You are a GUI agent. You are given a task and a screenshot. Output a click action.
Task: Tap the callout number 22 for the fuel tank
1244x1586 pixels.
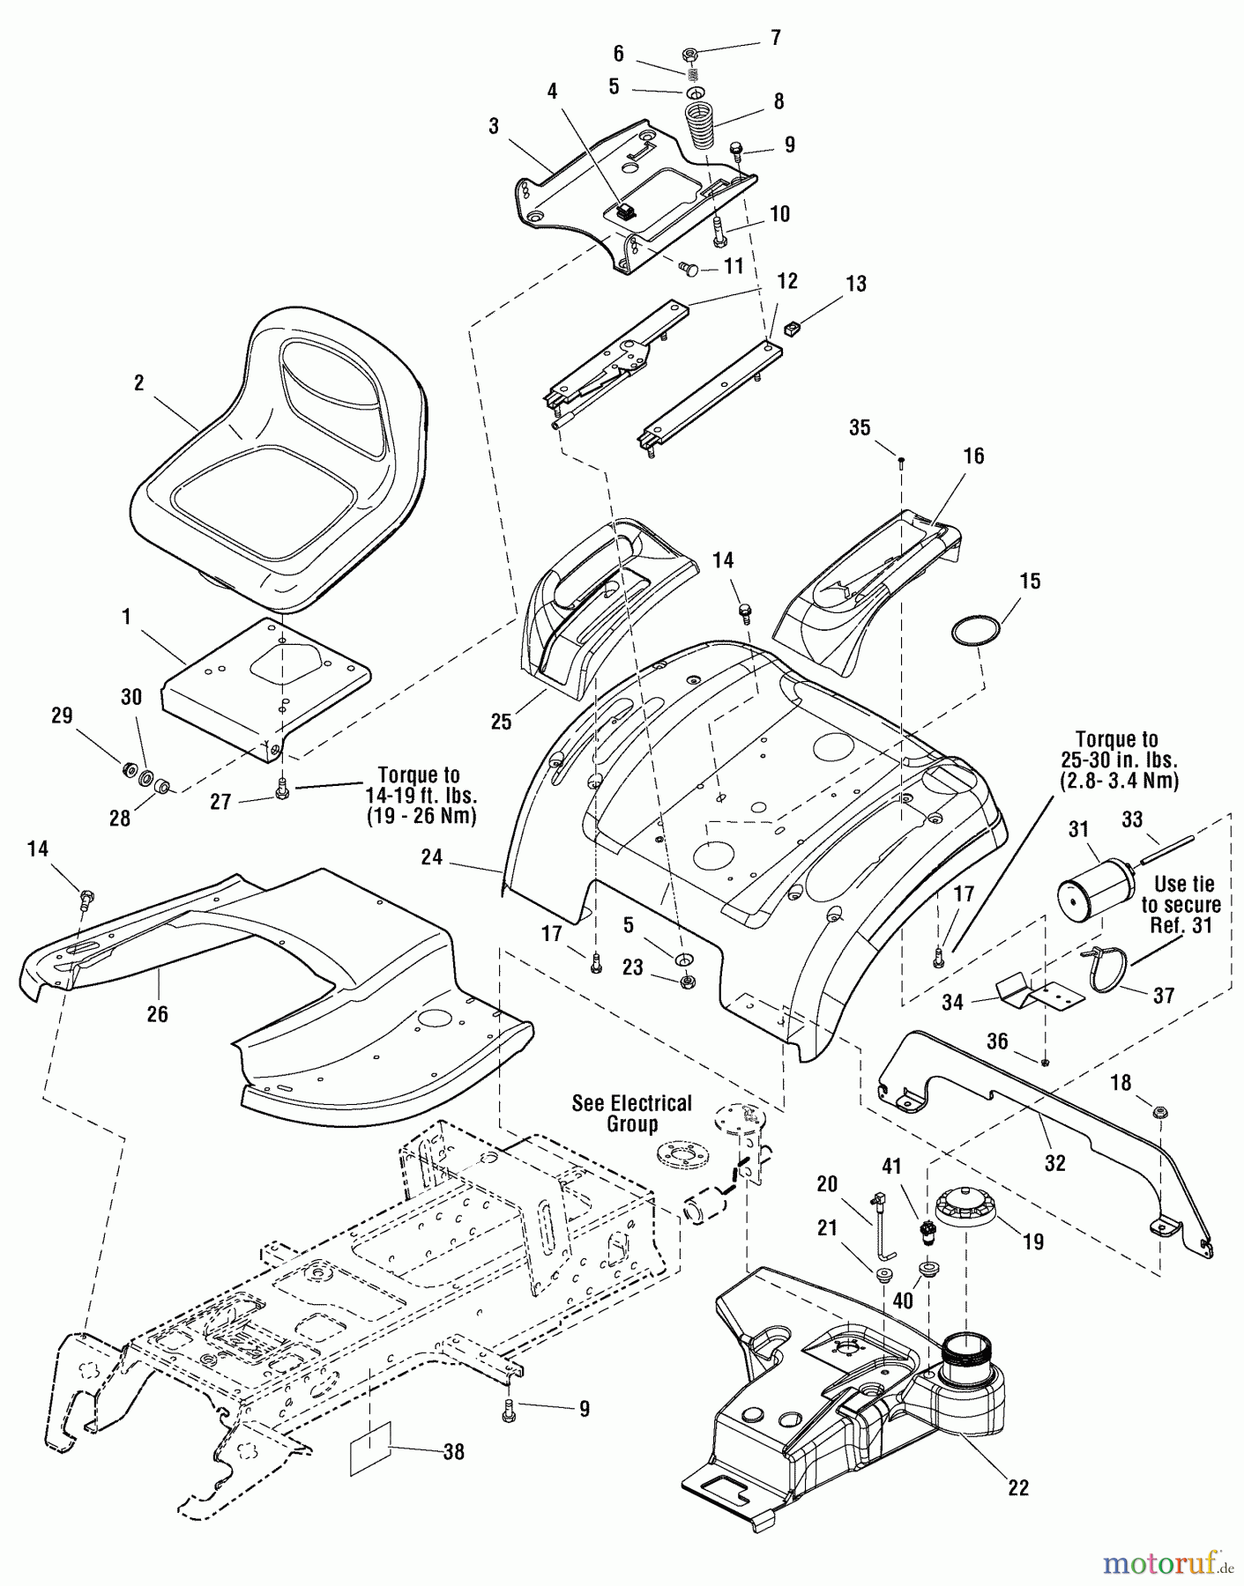point(1017,1487)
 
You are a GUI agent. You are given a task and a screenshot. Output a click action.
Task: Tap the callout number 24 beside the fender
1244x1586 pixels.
point(431,856)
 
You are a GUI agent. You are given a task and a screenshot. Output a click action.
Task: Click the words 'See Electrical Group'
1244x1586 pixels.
point(631,1114)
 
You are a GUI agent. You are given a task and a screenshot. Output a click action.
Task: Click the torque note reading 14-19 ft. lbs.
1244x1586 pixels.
point(419,796)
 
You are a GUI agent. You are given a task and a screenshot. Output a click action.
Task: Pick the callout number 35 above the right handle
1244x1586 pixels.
point(860,427)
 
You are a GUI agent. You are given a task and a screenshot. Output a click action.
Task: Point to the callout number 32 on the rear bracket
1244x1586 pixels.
point(1054,1163)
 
